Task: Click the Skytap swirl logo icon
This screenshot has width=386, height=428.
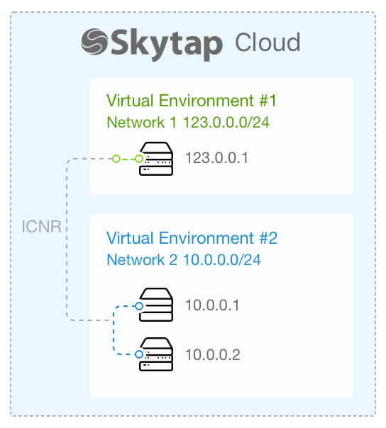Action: coord(94,42)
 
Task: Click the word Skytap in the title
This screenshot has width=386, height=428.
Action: coord(167,45)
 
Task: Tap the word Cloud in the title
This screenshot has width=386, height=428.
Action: coord(268,42)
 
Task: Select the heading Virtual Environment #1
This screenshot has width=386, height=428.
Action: coord(192,101)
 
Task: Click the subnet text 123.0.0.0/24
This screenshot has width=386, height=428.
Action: coord(226,122)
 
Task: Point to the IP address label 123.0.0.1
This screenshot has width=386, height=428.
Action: coord(216,158)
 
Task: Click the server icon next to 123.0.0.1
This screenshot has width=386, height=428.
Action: coord(156,159)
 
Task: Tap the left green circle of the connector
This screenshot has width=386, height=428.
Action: coord(116,159)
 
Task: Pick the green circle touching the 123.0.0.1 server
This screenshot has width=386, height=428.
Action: coord(139,159)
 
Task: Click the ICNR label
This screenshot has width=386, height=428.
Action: coord(42,227)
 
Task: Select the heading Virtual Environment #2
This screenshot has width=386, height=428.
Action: coord(192,238)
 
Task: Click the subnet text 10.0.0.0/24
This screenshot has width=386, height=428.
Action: coord(222,259)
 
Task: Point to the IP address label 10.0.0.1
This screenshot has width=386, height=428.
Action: coord(212,305)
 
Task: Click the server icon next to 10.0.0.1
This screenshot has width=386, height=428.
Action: coord(156,305)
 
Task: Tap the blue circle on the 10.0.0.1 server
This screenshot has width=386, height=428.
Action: coord(139,306)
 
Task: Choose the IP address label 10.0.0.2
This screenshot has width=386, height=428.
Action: coord(213,354)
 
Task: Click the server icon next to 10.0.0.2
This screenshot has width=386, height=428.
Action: coord(156,354)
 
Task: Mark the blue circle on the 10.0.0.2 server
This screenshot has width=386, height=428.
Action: coord(139,354)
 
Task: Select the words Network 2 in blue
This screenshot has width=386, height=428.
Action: coord(142,259)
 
